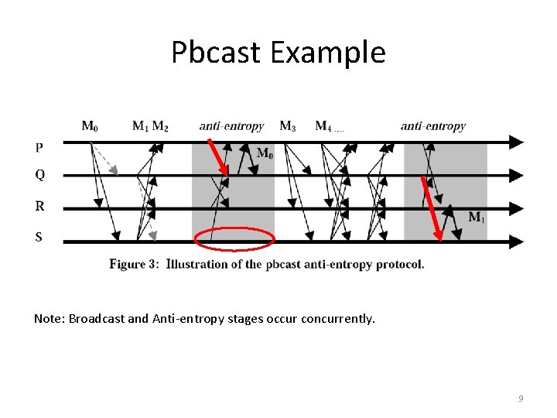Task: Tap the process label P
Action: pyautogui.click(x=39, y=147)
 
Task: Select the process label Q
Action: pyautogui.click(x=39, y=175)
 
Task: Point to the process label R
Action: pyautogui.click(x=39, y=206)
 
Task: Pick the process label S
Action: pyautogui.click(x=39, y=237)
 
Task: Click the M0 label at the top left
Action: pyautogui.click(x=90, y=125)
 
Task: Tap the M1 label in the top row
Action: pyautogui.click(x=140, y=125)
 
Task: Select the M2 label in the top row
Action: pyautogui.click(x=160, y=125)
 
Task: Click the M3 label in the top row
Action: pyautogui.click(x=287, y=125)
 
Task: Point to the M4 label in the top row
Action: pyautogui.click(x=323, y=125)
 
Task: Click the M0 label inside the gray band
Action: pyautogui.click(x=265, y=153)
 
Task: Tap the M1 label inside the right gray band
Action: pyautogui.click(x=477, y=218)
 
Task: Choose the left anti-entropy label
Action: pyautogui.click(x=231, y=125)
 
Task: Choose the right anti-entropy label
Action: pyautogui.click(x=432, y=125)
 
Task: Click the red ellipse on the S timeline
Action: pyautogui.click(x=234, y=239)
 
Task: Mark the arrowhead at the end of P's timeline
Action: pyautogui.click(x=516, y=142)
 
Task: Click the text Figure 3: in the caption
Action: pyautogui.click(x=135, y=264)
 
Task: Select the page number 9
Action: pyautogui.click(x=521, y=399)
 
